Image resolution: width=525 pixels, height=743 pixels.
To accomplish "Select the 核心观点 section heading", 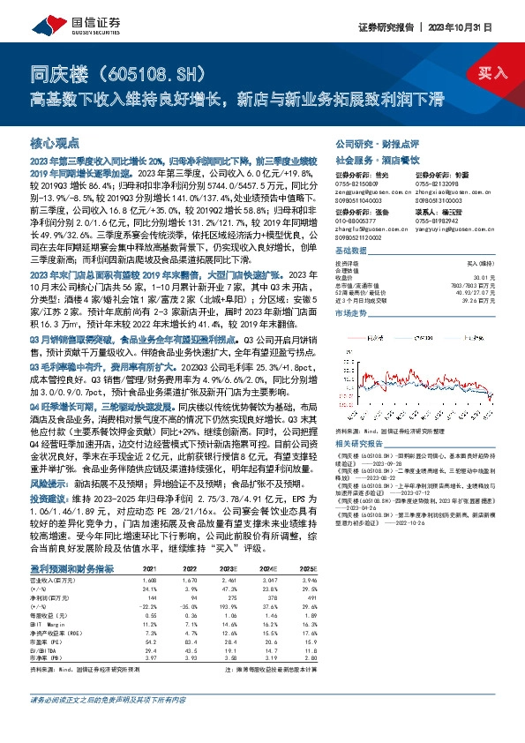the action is pos(55,143).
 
